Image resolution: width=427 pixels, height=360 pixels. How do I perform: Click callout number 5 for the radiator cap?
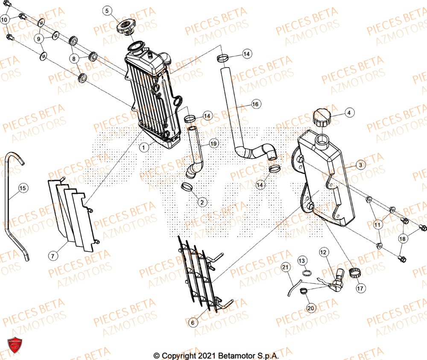click(x=107, y=10)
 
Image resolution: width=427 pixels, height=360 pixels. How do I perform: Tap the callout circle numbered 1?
click(x=144, y=147)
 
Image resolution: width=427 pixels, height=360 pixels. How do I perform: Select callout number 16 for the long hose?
click(x=255, y=104)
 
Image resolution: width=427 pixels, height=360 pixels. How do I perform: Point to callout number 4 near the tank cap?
click(x=349, y=113)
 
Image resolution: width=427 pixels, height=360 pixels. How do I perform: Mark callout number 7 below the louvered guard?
click(x=53, y=256)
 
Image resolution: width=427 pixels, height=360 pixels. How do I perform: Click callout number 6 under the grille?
click(x=193, y=323)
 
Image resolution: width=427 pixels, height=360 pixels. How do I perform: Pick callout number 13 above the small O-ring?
click(x=301, y=260)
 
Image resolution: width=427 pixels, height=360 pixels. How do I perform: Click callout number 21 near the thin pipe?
click(x=285, y=268)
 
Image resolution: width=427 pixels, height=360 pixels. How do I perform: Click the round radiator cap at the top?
click(x=125, y=27)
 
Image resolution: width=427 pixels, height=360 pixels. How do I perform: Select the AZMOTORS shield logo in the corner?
click(x=15, y=345)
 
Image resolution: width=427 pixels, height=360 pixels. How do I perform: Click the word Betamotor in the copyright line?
click(x=236, y=355)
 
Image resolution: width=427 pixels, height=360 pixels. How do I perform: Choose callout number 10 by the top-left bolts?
click(x=4, y=20)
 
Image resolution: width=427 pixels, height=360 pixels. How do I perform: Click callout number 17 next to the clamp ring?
click(x=360, y=289)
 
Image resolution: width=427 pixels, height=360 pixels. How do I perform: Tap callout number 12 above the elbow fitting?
click(x=323, y=253)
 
